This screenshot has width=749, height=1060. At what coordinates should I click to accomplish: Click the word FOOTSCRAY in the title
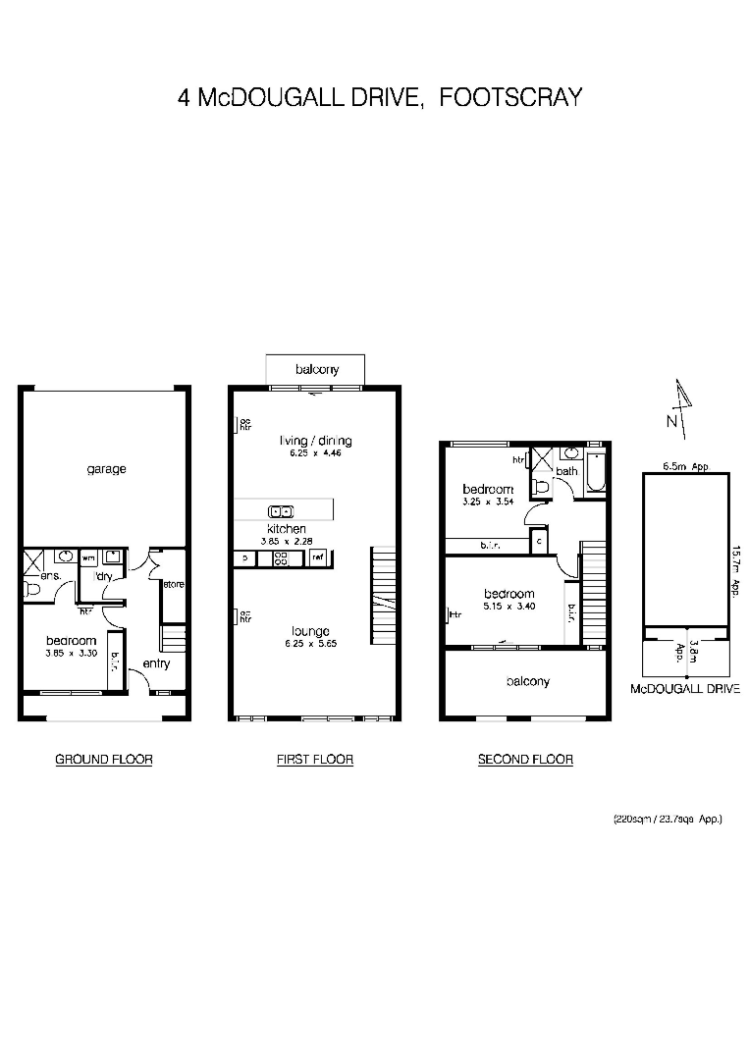click(x=510, y=97)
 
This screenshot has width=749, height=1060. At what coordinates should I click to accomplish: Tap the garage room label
click(x=106, y=469)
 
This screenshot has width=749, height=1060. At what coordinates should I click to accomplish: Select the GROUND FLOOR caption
click(x=103, y=759)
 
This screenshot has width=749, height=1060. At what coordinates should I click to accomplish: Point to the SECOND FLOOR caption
click(x=525, y=759)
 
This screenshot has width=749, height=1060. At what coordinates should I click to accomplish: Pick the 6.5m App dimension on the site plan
click(x=685, y=467)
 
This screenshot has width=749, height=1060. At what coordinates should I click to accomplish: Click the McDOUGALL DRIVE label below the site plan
click(x=684, y=690)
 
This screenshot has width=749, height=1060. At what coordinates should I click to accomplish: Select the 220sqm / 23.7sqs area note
click(x=668, y=818)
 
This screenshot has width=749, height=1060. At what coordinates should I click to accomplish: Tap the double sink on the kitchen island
click(x=281, y=510)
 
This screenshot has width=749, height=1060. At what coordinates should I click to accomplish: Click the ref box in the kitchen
click(x=317, y=557)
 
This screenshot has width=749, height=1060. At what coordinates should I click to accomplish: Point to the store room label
click(x=174, y=585)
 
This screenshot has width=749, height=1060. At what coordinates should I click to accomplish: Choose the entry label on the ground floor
click(x=156, y=663)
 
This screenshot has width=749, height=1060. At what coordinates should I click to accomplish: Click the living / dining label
click(x=314, y=441)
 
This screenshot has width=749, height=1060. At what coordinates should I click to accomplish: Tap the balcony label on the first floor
click(x=316, y=370)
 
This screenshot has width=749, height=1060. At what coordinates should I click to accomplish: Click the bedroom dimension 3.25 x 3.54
click(x=488, y=503)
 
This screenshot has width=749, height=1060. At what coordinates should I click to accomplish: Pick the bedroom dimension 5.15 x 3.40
click(x=508, y=607)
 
